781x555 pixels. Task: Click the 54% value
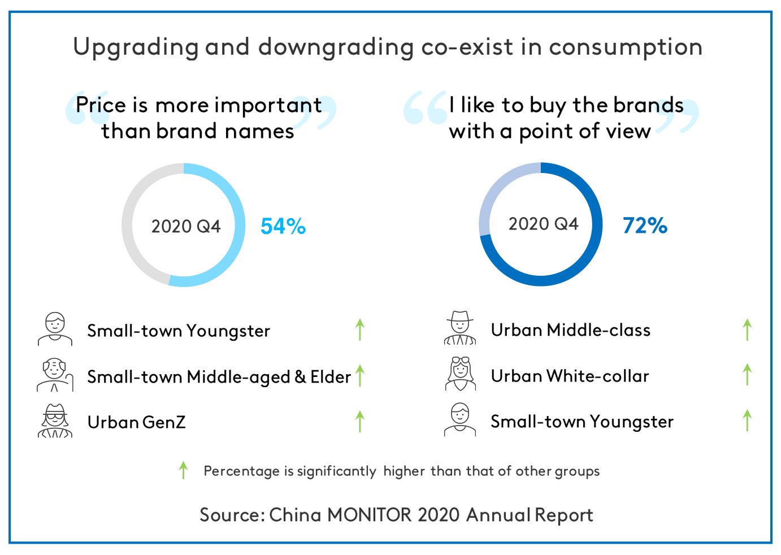283,226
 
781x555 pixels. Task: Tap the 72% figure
645,226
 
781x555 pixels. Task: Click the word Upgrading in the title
136,47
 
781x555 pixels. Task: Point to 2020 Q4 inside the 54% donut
185,226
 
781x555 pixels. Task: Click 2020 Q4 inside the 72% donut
543,224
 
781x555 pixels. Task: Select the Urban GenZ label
136,422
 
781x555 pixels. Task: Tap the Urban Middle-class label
570,330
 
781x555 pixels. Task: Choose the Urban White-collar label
570,376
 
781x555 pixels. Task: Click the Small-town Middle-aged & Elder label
219,377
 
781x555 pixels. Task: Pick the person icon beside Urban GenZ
55,421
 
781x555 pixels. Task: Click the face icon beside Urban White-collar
461,374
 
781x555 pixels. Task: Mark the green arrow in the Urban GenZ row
360,422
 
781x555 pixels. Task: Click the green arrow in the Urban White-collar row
747,375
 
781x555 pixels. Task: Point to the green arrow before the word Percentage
183,470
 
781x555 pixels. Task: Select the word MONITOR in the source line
369,515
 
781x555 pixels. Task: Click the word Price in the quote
101,105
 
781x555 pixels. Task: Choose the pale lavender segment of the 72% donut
497,187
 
